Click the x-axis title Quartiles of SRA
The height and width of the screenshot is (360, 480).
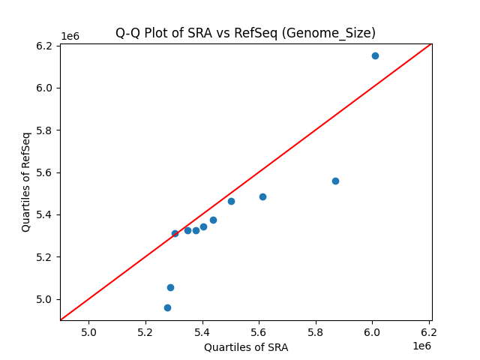click(x=246, y=347)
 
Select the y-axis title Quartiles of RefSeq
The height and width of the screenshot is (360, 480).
click(x=26, y=181)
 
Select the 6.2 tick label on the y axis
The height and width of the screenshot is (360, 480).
click(x=45, y=46)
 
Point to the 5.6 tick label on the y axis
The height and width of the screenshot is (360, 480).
click(x=45, y=172)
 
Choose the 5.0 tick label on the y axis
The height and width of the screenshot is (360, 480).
click(x=45, y=299)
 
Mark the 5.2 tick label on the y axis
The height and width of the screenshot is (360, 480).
click(x=45, y=257)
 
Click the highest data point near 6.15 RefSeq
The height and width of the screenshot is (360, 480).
click(x=375, y=55)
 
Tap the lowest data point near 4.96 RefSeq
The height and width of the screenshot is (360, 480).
click(x=167, y=307)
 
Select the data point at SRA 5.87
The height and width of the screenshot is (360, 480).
click(x=335, y=181)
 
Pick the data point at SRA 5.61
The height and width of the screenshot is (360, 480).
click(x=262, y=196)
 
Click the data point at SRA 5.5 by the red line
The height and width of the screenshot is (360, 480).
click(x=231, y=201)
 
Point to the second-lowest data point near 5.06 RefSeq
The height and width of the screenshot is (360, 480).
click(x=170, y=287)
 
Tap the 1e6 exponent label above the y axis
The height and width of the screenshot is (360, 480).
click(x=70, y=37)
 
